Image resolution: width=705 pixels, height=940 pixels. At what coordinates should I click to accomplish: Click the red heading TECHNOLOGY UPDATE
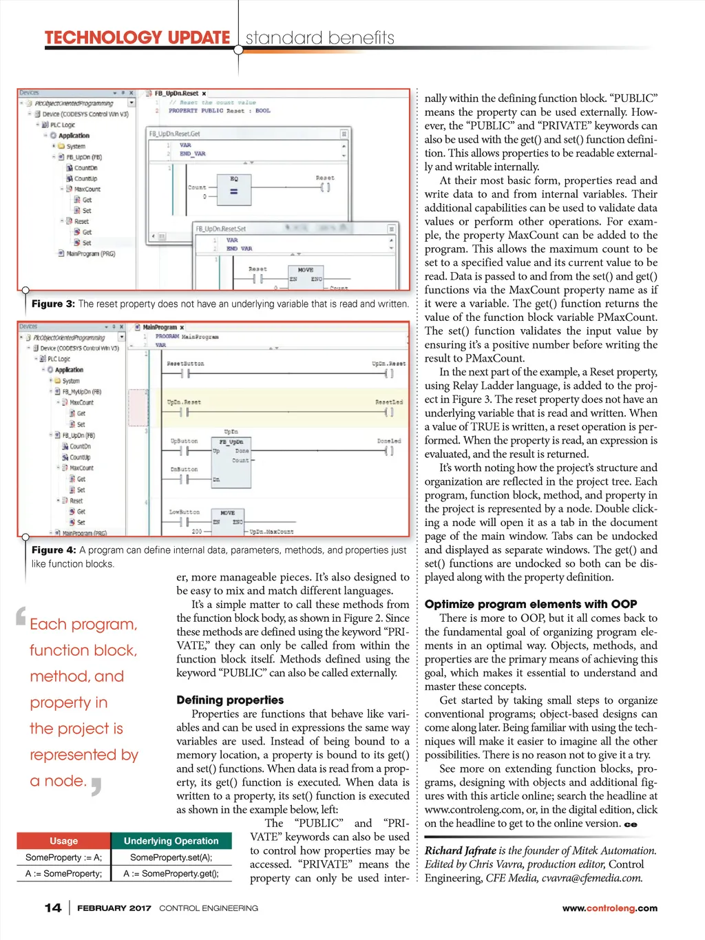137,37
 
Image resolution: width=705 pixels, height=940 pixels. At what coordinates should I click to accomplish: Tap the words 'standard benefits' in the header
320,38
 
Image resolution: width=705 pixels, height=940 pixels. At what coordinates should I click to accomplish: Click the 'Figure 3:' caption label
53,304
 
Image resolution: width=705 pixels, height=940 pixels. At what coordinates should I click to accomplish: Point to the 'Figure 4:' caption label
53,550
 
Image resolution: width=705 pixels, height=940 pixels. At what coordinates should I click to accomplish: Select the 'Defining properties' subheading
230,700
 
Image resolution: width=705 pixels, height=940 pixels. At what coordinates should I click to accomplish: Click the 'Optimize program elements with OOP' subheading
530,604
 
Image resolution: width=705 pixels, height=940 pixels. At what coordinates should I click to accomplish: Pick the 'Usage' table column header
64,841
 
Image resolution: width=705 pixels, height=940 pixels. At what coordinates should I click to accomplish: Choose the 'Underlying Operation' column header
171,841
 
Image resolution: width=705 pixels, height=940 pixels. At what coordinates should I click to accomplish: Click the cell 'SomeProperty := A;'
64,857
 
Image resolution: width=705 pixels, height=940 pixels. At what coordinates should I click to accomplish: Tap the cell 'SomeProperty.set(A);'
171,857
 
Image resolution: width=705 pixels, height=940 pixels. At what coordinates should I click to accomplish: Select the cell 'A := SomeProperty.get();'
171,873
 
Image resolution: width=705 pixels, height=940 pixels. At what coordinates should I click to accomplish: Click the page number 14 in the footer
53,908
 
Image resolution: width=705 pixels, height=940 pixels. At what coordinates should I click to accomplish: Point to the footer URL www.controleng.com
609,908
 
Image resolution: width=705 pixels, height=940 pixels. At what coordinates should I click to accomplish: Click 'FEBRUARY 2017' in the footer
114,908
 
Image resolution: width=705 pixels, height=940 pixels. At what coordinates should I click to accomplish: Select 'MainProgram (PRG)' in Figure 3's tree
90,253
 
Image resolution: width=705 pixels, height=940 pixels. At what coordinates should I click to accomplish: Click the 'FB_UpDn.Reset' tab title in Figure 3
176,94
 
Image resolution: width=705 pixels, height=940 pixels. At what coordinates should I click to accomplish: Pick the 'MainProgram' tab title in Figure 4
160,328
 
